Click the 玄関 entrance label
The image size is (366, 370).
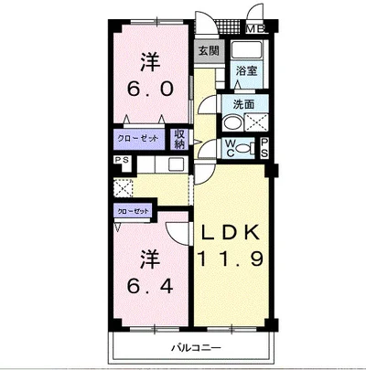[209, 50]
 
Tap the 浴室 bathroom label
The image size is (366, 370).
[247, 71]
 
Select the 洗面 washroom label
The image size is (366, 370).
[243, 104]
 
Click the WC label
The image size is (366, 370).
[230, 148]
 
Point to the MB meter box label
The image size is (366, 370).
[256, 29]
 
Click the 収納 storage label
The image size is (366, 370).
[180, 139]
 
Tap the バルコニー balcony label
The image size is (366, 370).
[195, 347]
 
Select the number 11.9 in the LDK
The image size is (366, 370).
[231, 259]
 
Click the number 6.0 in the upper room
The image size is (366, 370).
[150, 89]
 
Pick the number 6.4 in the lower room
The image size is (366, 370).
[150, 286]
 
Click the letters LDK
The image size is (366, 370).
[231, 233]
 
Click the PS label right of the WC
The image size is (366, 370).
[264, 148]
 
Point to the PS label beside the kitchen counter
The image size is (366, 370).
[122, 160]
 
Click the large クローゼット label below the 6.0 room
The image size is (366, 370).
[138, 139]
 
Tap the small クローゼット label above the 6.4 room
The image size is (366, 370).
[134, 211]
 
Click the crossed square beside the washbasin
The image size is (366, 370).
[256, 122]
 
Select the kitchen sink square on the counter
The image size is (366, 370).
[177, 164]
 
